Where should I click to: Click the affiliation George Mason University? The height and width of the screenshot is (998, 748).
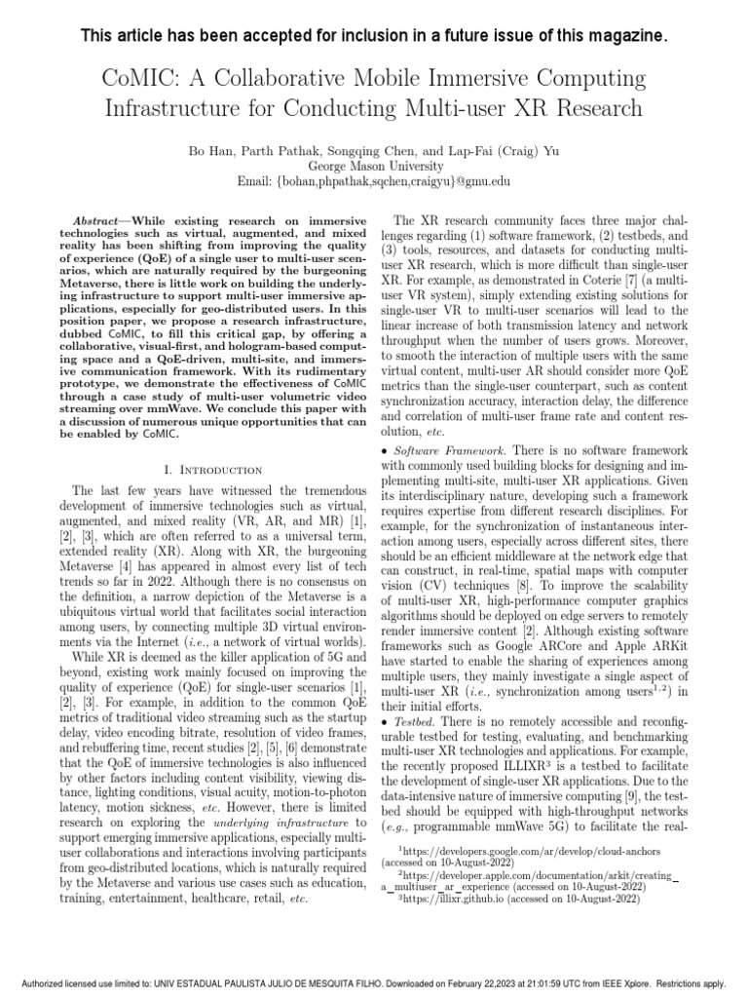[374, 167]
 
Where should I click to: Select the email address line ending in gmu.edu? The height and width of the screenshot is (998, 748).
[374, 182]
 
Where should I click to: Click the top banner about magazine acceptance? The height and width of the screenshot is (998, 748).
[374, 36]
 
